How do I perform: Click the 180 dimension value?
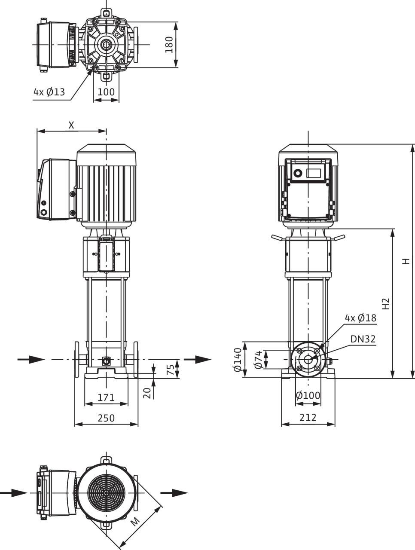169,45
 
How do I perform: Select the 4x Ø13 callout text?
49,92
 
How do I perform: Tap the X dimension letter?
71,125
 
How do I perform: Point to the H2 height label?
386,303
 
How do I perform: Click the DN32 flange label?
363,339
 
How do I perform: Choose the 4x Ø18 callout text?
360,318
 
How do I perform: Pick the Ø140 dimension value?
238,360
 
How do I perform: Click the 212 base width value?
308,418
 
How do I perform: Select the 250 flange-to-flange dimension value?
106,418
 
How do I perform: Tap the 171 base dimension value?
106,397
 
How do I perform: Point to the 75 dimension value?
170,370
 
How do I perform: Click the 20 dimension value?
147,393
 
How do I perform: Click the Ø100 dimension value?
308,396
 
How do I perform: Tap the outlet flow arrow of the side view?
197,360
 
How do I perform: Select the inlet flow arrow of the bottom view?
13,493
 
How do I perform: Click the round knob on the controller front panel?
298,173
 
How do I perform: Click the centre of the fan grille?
106,493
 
